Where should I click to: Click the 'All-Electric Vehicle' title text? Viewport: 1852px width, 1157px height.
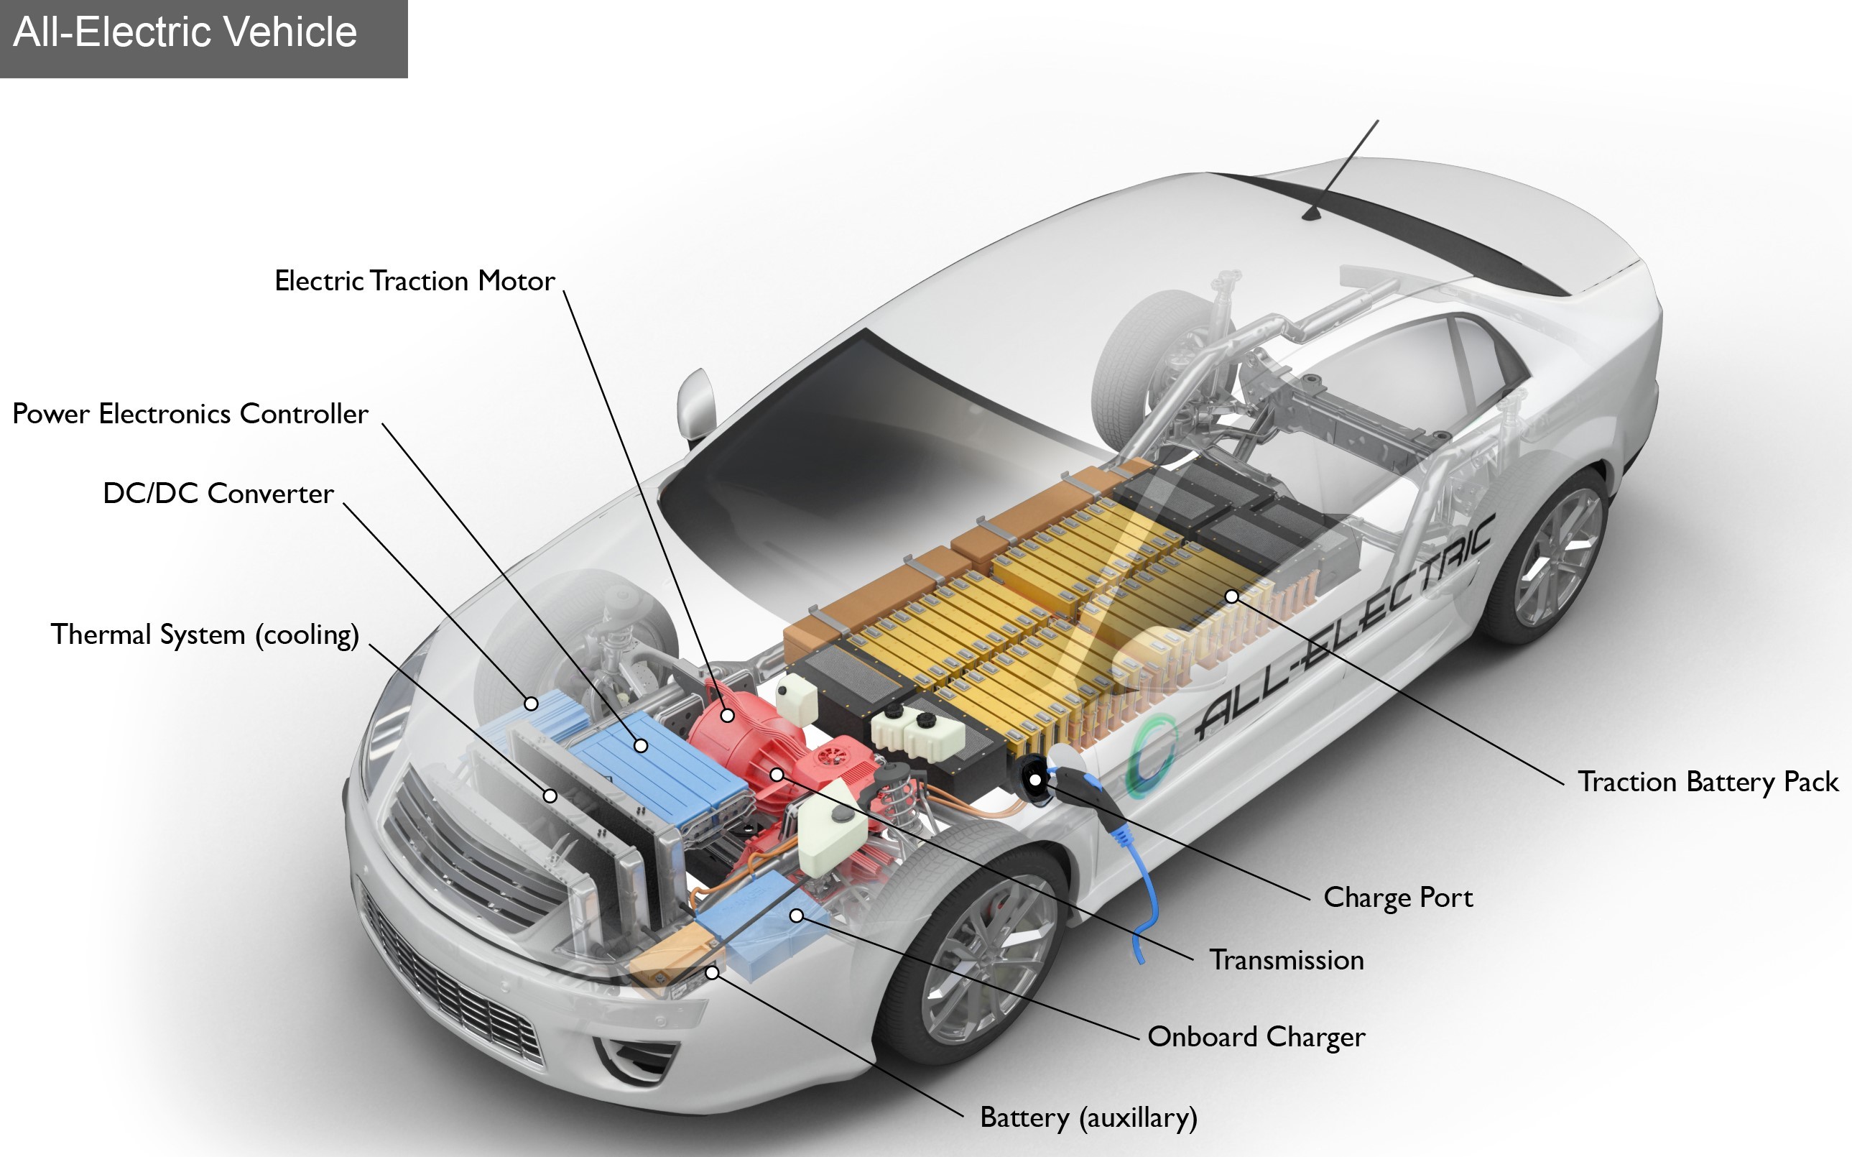click(185, 33)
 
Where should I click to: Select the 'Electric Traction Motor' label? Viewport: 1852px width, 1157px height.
click(415, 281)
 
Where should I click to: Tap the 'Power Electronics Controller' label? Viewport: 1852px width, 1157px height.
click(190, 414)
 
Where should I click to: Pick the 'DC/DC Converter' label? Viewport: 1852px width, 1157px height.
click(219, 494)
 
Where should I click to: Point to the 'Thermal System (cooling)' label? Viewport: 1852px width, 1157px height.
click(205, 635)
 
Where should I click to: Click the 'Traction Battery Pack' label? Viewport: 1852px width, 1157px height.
click(1708, 782)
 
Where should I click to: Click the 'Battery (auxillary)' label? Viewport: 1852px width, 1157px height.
click(1088, 1118)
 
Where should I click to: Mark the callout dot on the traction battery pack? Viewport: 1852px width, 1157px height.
click(1231, 596)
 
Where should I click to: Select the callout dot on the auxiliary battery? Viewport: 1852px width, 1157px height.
click(712, 972)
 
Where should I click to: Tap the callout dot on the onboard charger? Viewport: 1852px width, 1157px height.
click(797, 916)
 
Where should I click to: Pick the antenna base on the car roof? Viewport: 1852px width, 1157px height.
click(1313, 213)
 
